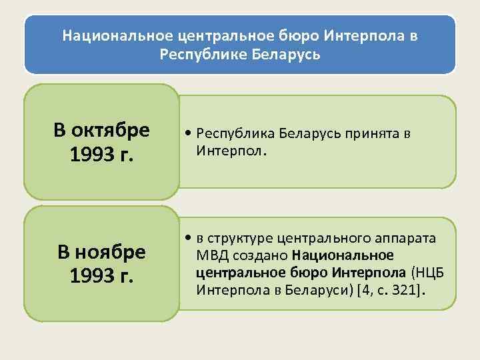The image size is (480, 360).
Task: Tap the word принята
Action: pos(372,133)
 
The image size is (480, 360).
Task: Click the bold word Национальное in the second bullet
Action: pos(343,256)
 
